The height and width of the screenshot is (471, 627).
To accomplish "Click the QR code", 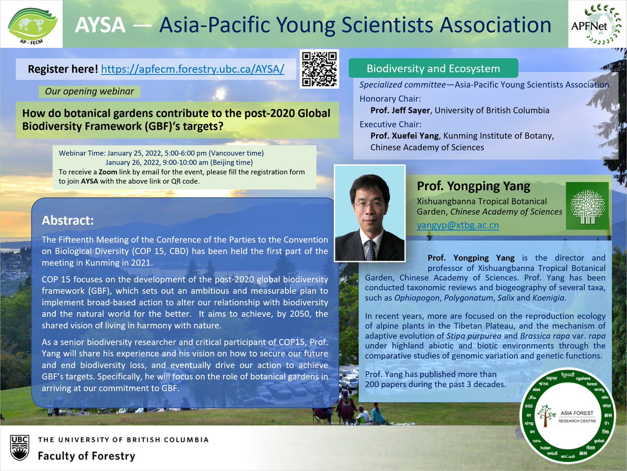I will pos(320,69).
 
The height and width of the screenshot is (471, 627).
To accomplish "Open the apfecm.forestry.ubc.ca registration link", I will pos(193,69).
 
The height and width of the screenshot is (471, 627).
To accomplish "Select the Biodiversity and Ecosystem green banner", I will pos(433,68).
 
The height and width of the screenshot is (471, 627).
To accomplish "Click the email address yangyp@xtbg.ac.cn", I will pos(458,226).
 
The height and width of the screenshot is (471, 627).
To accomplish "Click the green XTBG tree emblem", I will pos(588,205).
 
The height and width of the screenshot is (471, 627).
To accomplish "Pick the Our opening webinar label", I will pos(89,91).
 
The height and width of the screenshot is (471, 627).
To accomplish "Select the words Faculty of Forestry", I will pos(86,456).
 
